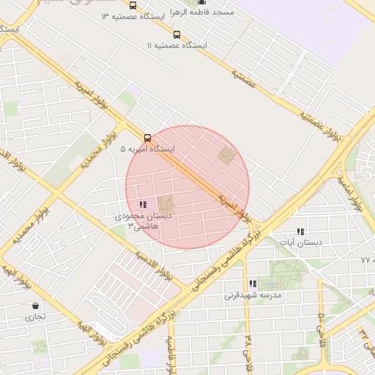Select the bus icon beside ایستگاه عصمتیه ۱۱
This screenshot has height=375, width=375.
point(176,34)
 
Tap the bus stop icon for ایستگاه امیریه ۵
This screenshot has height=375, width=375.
point(148,137)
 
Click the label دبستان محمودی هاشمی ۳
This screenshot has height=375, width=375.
point(142,221)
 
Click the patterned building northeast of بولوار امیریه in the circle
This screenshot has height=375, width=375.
point(227,155)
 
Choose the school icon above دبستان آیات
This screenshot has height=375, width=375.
point(300,231)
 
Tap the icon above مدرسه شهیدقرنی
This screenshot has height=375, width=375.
point(253,283)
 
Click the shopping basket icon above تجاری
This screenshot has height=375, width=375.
point(35,306)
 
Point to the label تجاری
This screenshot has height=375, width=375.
point(35,317)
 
